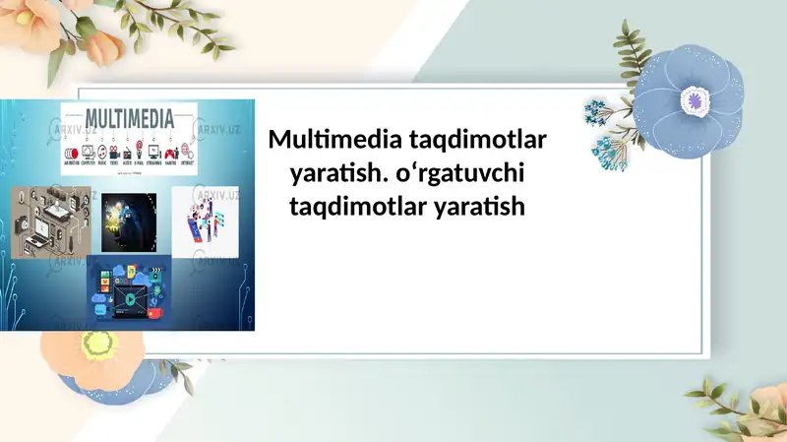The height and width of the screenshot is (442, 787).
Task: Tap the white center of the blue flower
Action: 696,99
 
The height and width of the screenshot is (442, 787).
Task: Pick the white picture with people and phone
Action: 207,221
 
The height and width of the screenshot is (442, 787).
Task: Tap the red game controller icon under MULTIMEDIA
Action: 169,153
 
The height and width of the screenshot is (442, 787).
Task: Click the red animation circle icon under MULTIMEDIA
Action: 70,153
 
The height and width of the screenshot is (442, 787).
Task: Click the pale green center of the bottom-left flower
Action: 98,344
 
